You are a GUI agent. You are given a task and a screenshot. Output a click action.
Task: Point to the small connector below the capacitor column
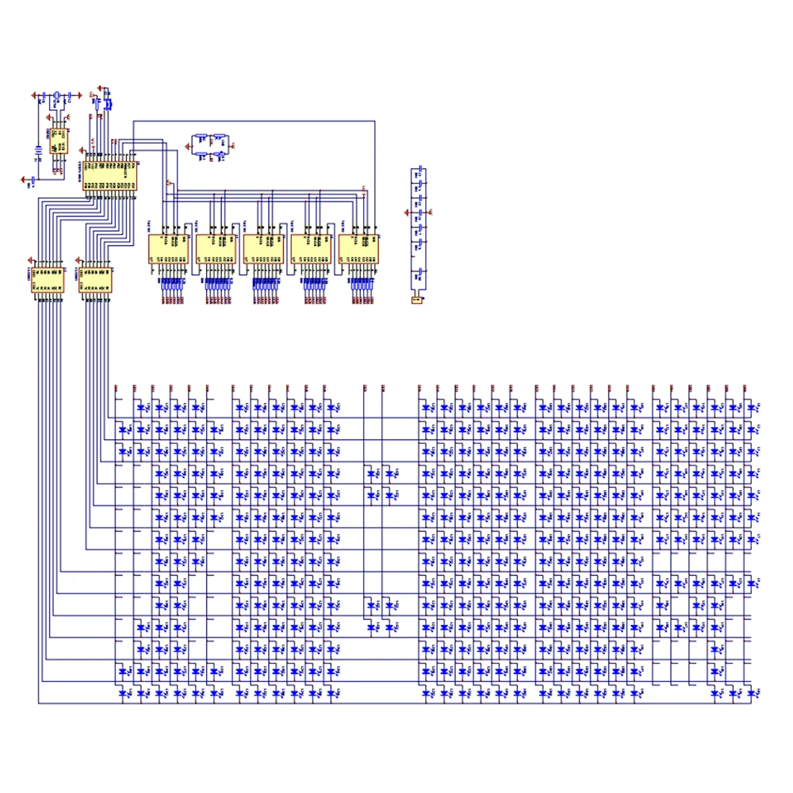click(417, 300)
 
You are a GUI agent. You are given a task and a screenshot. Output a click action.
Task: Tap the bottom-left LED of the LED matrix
click(125, 692)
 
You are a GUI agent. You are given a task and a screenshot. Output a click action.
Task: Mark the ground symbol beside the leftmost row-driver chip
click(29, 260)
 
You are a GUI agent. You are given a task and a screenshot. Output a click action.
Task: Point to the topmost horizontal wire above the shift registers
click(254, 121)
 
